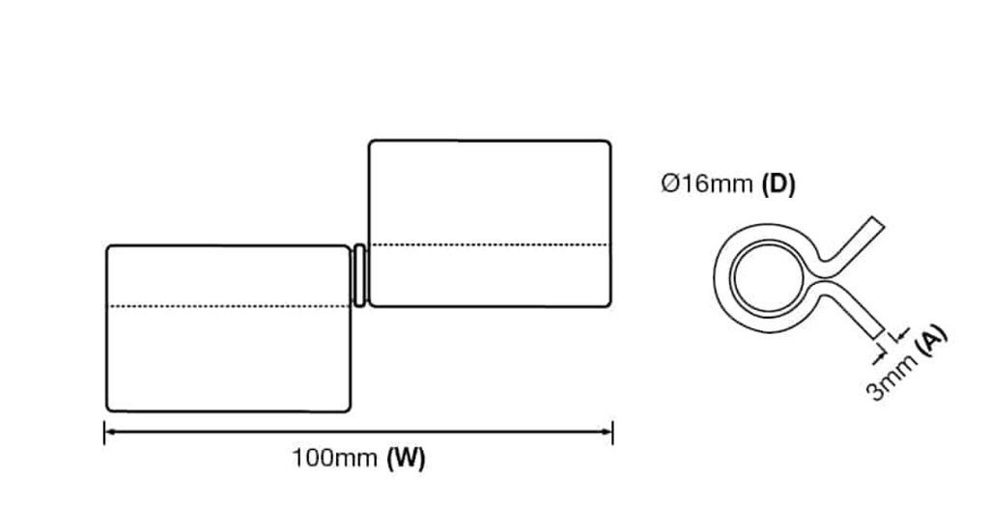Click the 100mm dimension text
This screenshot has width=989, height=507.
[x=333, y=458]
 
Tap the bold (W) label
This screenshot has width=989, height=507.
[x=406, y=458]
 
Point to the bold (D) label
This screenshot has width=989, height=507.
[x=778, y=183]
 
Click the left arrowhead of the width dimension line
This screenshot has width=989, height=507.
[x=107, y=432]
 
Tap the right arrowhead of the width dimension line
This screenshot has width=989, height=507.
[x=609, y=432]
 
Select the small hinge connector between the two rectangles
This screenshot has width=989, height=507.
[x=359, y=275]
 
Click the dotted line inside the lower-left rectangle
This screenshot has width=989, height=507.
[x=228, y=306]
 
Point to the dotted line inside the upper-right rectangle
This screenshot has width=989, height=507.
[x=490, y=244]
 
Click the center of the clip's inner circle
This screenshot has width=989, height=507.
[x=763, y=278]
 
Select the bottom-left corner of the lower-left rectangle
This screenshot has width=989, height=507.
[x=108, y=409]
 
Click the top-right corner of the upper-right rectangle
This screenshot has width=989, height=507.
[x=608, y=143]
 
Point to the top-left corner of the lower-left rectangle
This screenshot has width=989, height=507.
[x=108, y=248]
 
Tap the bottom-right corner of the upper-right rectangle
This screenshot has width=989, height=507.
[x=608, y=304]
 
